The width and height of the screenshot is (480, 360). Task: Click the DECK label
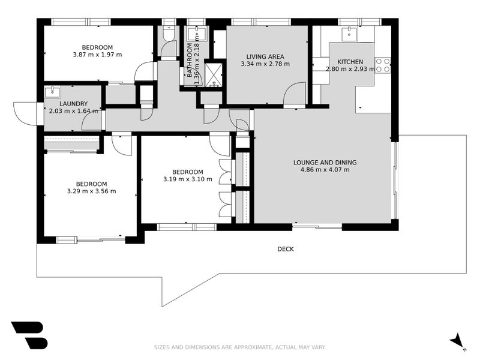(286, 249)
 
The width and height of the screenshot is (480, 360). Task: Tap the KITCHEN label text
(350, 62)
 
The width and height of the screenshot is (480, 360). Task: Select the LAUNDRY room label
(73, 104)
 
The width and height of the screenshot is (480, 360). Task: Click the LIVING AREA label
(265, 56)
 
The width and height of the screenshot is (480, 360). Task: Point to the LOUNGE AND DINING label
(325, 163)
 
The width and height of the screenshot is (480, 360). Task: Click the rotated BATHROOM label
(190, 60)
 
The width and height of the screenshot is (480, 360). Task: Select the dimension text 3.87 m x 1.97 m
(97, 55)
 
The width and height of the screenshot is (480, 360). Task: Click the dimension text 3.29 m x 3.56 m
(92, 191)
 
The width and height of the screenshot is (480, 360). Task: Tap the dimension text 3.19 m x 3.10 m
(188, 179)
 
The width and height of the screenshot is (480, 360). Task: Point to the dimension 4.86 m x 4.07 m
(325, 170)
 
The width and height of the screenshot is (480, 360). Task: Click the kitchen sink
(349, 34)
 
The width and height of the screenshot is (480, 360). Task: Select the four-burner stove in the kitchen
(383, 65)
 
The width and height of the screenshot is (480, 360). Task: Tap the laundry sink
(53, 92)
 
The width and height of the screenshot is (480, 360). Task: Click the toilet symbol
(168, 33)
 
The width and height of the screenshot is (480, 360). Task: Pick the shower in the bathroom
(214, 74)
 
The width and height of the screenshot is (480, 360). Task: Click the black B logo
(29, 335)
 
